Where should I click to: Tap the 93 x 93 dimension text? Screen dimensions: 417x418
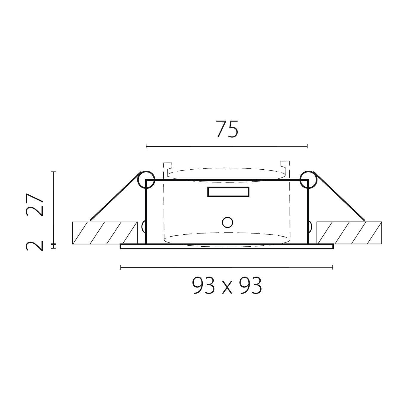pos(227,286)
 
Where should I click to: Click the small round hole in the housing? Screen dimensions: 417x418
pos(227,222)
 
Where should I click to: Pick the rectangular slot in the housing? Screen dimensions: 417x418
pos(228,192)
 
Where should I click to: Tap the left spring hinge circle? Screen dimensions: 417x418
pos(146,180)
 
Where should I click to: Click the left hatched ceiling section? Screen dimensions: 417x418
pos(105,233)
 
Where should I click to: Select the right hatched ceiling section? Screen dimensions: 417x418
pos(349,233)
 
